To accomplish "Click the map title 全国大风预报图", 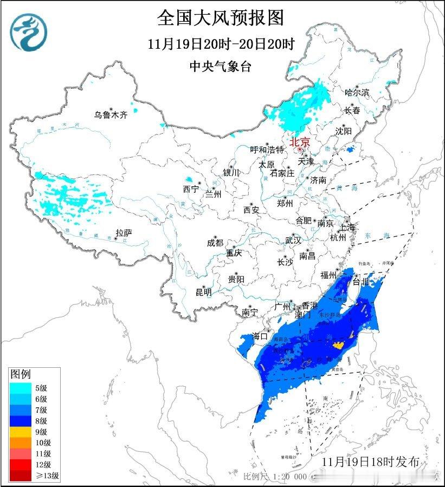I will click(x=220, y=18).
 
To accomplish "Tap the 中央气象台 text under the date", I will click(x=221, y=66).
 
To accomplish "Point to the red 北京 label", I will click(x=300, y=142).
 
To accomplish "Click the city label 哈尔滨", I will click(x=357, y=93).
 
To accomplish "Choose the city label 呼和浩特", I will click(x=267, y=150).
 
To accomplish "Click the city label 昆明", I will click(x=204, y=293).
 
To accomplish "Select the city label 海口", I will click(x=260, y=336).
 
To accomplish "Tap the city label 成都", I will click(x=215, y=243).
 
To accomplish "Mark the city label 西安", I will click(x=251, y=209).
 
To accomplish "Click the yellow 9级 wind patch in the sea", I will click(x=339, y=345).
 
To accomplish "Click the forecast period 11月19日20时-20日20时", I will click(x=221, y=43).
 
